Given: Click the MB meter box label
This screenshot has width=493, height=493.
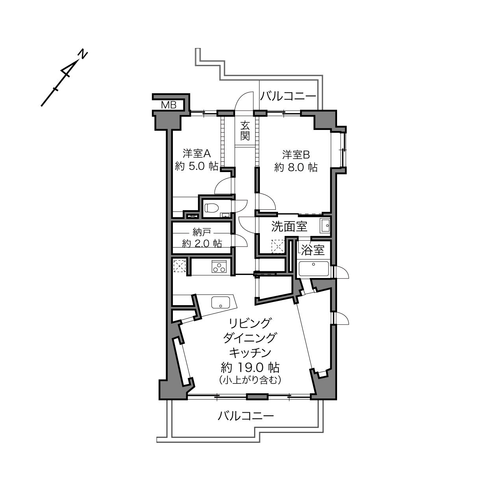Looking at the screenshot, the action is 169,105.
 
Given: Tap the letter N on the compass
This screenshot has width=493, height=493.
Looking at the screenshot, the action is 83,54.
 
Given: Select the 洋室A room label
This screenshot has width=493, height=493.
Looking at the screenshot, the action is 196,153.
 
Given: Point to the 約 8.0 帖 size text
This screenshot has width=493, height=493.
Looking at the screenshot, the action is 296,168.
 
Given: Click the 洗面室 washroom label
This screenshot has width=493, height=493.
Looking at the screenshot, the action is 289,226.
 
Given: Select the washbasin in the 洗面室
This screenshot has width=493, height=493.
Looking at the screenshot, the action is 325,226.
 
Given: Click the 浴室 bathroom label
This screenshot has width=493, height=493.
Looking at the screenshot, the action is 313,250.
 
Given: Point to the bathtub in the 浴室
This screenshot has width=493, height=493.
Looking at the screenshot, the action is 314,269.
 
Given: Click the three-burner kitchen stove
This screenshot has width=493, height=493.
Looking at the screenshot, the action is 219,266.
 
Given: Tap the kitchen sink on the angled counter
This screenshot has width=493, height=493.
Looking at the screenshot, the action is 220,302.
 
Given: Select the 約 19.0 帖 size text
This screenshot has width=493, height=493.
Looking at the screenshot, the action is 250,368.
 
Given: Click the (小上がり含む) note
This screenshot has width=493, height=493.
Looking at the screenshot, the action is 250,380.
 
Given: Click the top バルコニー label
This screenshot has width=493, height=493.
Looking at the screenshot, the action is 288,96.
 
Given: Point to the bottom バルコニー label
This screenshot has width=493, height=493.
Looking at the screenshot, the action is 246,416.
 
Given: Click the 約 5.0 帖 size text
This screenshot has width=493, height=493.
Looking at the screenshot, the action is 196,167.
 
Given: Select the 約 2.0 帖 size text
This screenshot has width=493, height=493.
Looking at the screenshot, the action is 202,244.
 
